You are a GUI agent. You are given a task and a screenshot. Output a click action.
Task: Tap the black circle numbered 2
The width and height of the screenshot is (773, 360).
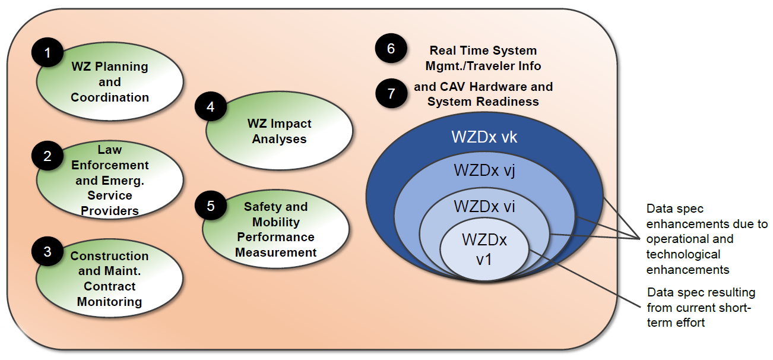47,156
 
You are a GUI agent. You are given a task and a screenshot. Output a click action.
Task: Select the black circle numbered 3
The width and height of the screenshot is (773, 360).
47,252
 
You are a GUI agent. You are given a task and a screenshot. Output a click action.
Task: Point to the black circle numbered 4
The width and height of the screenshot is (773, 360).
210,108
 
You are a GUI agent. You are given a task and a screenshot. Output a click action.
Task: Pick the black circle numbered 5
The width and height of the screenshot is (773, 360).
210,206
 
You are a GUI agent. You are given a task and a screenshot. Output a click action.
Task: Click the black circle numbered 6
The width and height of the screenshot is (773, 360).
391,49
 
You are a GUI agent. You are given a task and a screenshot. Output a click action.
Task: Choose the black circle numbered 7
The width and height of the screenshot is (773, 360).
391,93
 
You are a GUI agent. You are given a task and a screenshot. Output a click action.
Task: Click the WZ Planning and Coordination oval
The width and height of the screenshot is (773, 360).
110,82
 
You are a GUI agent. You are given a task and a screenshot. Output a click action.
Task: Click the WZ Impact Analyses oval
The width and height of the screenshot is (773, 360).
279,131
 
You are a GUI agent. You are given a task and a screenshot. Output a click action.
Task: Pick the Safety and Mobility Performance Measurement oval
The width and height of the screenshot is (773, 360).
275,229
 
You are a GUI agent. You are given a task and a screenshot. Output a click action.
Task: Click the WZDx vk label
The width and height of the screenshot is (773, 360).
484,137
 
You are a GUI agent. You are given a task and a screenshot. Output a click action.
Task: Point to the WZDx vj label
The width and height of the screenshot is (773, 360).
484,170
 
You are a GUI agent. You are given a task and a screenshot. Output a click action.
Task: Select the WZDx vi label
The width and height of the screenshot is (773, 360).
484,206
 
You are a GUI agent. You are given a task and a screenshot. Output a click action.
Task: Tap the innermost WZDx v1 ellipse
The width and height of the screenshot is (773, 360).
484,250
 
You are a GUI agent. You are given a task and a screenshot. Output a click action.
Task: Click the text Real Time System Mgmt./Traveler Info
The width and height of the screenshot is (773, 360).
483,58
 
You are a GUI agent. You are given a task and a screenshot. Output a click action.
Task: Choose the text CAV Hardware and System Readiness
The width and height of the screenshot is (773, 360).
483,94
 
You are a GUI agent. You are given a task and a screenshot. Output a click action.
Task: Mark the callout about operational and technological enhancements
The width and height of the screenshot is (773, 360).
707,239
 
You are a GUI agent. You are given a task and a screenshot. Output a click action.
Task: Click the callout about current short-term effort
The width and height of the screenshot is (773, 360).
701,308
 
